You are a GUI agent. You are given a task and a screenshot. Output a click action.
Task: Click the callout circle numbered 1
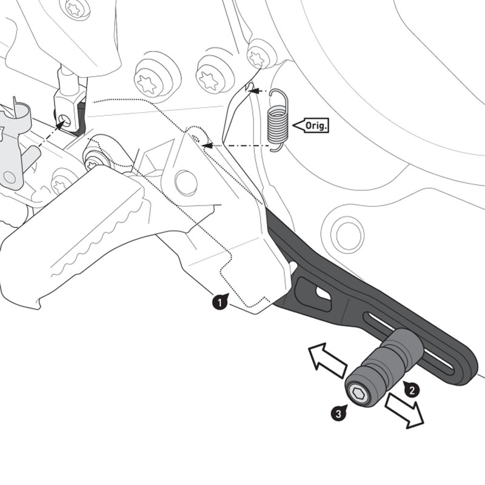tap(219, 301)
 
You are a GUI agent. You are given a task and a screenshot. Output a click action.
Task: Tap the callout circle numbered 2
tap(412, 390)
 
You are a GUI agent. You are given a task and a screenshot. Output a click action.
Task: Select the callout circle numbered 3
tap(339, 413)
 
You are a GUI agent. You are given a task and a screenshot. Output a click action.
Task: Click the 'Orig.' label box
tap(312, 125)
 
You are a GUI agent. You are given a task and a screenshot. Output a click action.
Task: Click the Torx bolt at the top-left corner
tap(76, 8)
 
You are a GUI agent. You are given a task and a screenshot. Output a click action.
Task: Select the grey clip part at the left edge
tap(12, 145)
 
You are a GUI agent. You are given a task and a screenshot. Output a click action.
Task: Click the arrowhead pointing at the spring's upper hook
tap(255, 91)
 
